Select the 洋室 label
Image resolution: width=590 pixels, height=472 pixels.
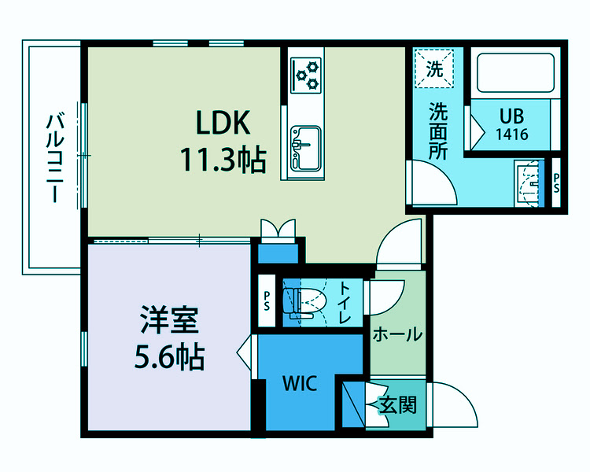[168, 323]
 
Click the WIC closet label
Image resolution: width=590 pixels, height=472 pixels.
[300, 385]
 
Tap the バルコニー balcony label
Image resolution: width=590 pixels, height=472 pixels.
[54, 158]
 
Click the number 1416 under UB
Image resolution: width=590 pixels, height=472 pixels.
[511, 134]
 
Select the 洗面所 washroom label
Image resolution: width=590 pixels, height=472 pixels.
[438, 131]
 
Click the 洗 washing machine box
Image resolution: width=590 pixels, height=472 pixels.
[435, 68]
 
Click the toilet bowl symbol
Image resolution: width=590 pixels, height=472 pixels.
[306, 301]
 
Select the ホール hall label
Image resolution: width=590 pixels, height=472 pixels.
[396, 335]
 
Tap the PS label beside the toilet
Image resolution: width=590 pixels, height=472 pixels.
[267, 301]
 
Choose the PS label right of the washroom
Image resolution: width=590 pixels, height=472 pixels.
[556, 183]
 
